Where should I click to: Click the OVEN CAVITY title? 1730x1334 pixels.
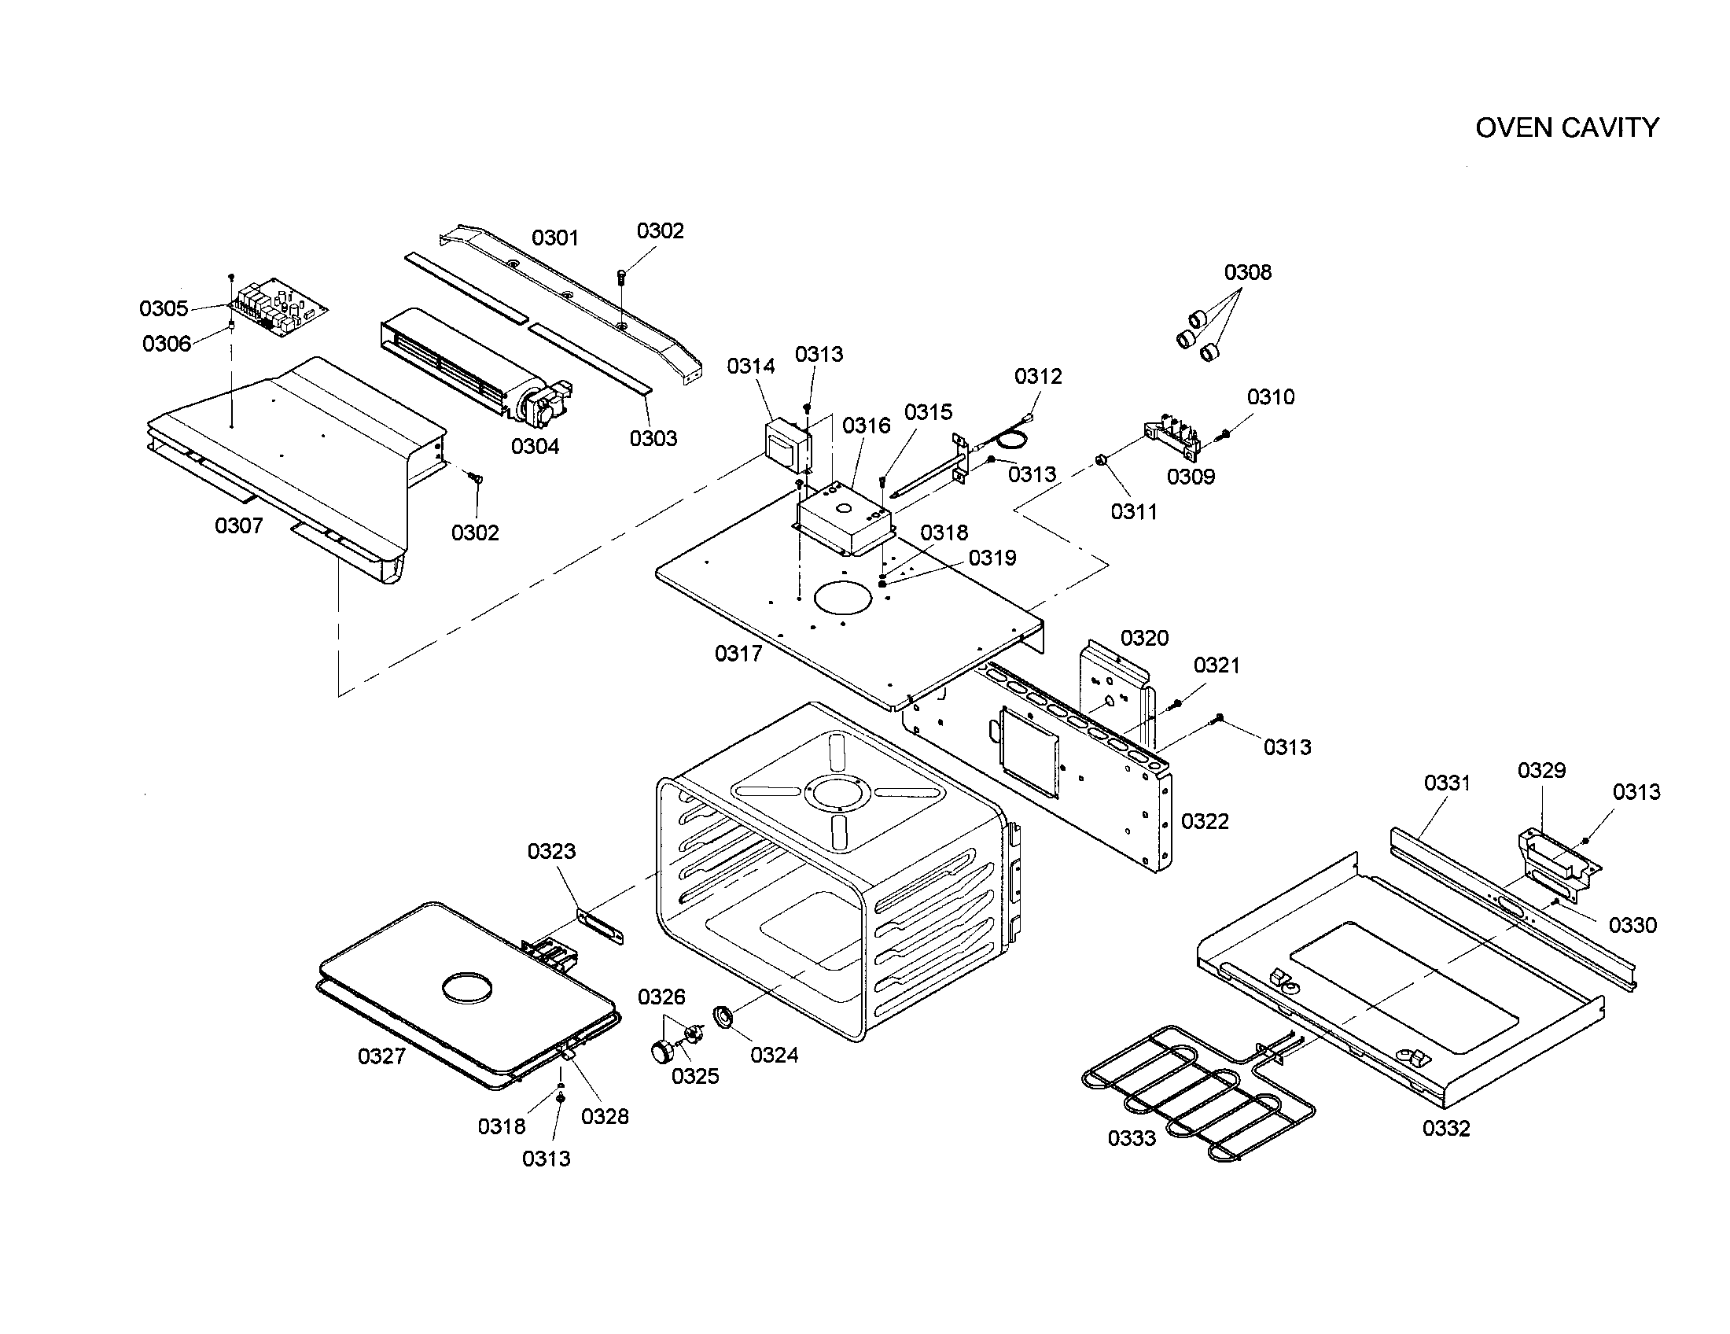tap(1566, 127)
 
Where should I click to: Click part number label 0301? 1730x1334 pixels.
tap(555, 238)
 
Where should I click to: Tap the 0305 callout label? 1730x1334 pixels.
tap(164, 308)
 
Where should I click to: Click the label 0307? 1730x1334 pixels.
tap(238, 525)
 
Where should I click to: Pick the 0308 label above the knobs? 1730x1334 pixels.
tap(1248, 272)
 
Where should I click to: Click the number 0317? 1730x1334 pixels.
tap(738, 654)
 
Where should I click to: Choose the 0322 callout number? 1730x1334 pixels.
tap(1205, 821)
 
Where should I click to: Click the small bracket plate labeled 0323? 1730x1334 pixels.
tap(601, 927)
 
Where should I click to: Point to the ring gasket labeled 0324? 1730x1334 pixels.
tap(723, 1016)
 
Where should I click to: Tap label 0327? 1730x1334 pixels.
tap(382, 1056)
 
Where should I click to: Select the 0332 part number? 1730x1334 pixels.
tap(1445, 1129)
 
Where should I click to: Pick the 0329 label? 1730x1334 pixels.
tap(1541, 770)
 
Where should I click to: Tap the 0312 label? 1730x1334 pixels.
tap(1038, 376)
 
